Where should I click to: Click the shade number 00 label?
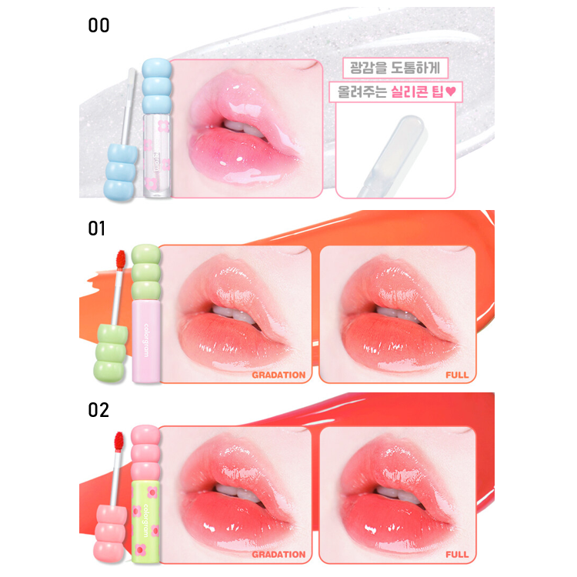click(99, 26)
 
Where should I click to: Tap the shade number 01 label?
click(98, 228)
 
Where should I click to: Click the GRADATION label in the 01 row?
click(278, 375)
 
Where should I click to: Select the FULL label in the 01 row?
click(457, 375)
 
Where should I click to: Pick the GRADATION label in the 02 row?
click(278, 555)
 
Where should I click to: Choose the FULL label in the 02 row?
click(457, 555)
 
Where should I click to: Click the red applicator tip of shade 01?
click(120, 262)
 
